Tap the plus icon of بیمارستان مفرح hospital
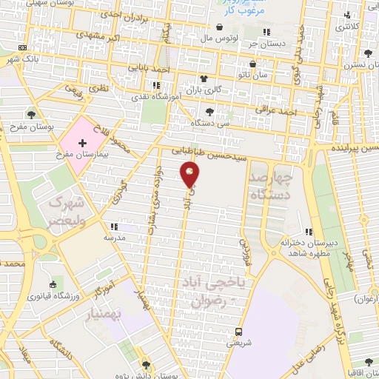[x=82, y=140]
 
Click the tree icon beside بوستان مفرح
[x=31, y=114]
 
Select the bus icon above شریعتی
[x=238, y=331]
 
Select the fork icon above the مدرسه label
[x=113, y=227]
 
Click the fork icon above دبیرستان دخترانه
[x=308, y=232]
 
